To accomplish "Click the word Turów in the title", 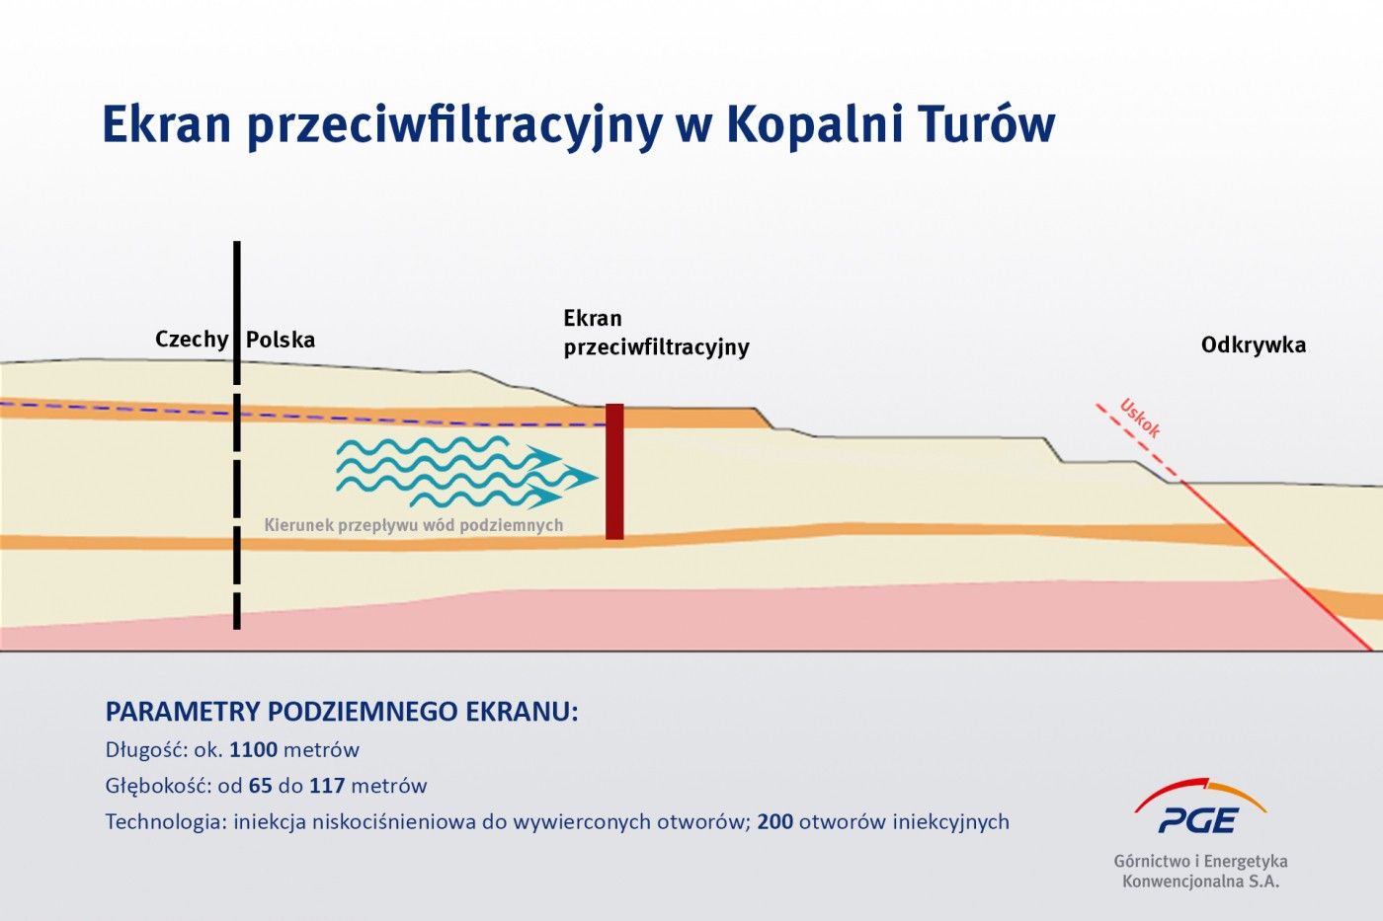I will coord(986,125).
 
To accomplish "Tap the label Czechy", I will coord(192,340).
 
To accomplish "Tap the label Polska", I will coord(281,340).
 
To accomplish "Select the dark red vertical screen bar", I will coord(614,472).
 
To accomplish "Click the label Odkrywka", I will coord(1253,345).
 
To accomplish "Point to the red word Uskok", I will coord(1140,418).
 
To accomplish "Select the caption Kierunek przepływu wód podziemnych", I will coord(413,525).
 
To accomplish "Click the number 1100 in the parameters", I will coord(253,750).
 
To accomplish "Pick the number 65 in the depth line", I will coord(261,787).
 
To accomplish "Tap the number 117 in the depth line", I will coord(327,787).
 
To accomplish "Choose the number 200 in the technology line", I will coord(775,822).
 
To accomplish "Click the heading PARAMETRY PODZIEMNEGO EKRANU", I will coord(341,712).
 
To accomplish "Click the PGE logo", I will coord(1199,807).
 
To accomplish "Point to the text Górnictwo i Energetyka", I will coord(1200,861).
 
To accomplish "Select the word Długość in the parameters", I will coord(145,750).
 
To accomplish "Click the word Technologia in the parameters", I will coord(165,822).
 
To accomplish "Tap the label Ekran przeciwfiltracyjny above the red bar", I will coord(656,333).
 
